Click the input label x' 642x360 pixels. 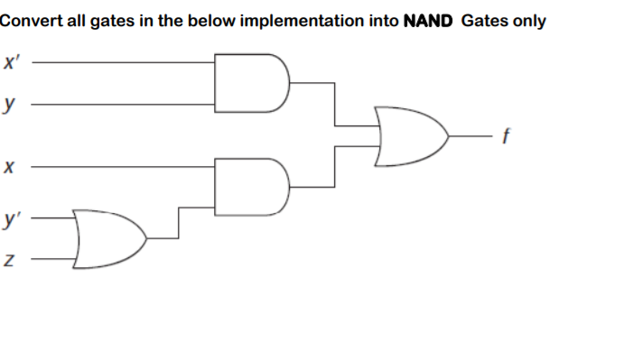pos(11,64)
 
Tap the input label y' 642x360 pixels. pos(11,219)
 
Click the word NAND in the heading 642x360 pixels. pos(431,21)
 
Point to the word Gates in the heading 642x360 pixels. pos(484,21)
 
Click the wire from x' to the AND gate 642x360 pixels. pos(126,64)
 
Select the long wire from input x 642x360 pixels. pos(126,167)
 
